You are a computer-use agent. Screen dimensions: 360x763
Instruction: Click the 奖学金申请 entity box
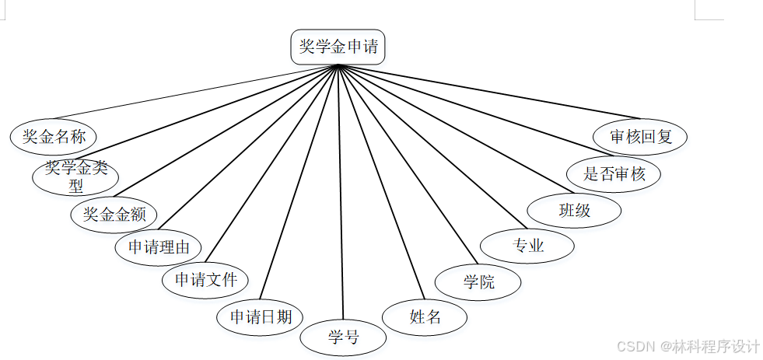point(338,47)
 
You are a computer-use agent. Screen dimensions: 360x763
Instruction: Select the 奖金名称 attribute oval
point(54,137)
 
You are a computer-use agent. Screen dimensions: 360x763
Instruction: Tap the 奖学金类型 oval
point(75,177)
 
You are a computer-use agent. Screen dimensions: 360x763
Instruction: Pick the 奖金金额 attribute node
point(114,215)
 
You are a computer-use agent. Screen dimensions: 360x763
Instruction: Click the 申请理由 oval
point(158,248)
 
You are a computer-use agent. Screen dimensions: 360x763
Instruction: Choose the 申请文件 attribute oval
point(205,279)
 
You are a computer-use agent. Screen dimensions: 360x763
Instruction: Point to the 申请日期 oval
point(261,316)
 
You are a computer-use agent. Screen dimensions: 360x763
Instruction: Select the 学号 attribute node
point(343,337)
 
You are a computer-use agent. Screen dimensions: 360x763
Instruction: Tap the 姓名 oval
point(425,316)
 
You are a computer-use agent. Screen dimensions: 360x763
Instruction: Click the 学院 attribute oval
point(478,281)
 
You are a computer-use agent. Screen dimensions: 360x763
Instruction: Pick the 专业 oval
point(527,246)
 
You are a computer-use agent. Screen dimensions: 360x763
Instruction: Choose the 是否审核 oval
point(614,173)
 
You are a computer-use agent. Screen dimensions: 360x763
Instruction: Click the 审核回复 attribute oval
point(640,137)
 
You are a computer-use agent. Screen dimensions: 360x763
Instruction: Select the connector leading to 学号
point(341,194)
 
